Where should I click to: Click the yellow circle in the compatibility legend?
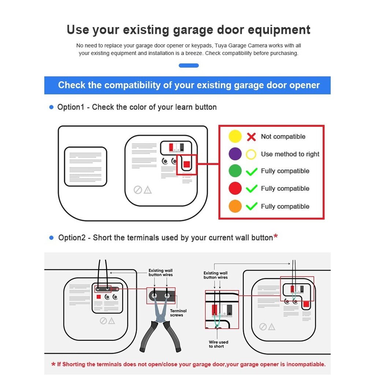coord(235,136)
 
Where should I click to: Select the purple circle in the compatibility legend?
coord(235,154)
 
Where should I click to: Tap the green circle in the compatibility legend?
coord(235,171)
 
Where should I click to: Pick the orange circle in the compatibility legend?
coord(235,206)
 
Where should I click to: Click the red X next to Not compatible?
coord(251,137)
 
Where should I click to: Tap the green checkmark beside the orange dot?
coord(251,206)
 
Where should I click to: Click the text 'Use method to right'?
coord(290,154)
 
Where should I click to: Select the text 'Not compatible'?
coord(283,137)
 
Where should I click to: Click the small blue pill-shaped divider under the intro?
coord(189,66)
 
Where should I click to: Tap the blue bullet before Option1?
coord(51,107)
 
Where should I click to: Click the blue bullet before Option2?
coord(51,238)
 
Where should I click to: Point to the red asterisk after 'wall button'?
coord(275,236)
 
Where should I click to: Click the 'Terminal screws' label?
coord(178,313)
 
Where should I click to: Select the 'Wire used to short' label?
coord(218,344)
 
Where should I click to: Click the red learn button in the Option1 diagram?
coord(186,164)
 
